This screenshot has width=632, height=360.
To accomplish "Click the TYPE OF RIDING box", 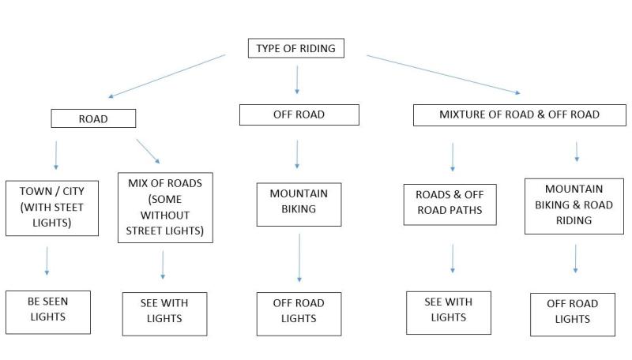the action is [x=295, y=48].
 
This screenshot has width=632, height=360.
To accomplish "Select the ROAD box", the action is [x=93, y=118].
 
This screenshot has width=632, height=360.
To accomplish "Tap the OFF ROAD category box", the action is [x=299, y=114].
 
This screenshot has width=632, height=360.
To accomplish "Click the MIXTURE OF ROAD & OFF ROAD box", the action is [x=520, y=114].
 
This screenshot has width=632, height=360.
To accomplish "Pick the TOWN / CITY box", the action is [x=52, y=208].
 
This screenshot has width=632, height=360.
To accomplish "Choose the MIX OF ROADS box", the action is [x=165, y=208].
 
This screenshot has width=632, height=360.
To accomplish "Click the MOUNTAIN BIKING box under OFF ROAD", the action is [x=299, y=204].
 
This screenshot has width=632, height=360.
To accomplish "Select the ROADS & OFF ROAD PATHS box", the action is [x=450, y=204].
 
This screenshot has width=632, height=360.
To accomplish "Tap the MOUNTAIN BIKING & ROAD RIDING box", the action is [x=574, y=206].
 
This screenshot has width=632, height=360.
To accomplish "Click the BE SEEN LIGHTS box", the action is [x=48, y=312].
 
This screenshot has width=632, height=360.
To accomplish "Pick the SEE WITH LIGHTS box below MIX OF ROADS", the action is [x=164, y=313].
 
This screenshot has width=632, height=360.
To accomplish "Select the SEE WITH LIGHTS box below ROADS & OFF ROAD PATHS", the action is [x=449, y=313].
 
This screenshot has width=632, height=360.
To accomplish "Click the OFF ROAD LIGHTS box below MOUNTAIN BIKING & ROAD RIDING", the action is [x=573, y=314].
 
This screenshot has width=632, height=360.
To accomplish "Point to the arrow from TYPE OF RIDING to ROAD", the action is [x=167, y=76].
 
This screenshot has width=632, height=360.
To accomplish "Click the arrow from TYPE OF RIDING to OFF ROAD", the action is [x=297, y=80].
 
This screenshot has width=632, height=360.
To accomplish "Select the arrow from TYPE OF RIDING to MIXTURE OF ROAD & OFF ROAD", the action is [x=443, y=74].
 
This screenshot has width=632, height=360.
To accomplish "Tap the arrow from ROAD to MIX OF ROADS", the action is [x=148, y=152].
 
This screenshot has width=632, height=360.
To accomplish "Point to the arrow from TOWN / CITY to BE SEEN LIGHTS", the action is [x=47, y=261].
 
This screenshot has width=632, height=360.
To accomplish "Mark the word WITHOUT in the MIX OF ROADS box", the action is [x=165, y=216].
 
